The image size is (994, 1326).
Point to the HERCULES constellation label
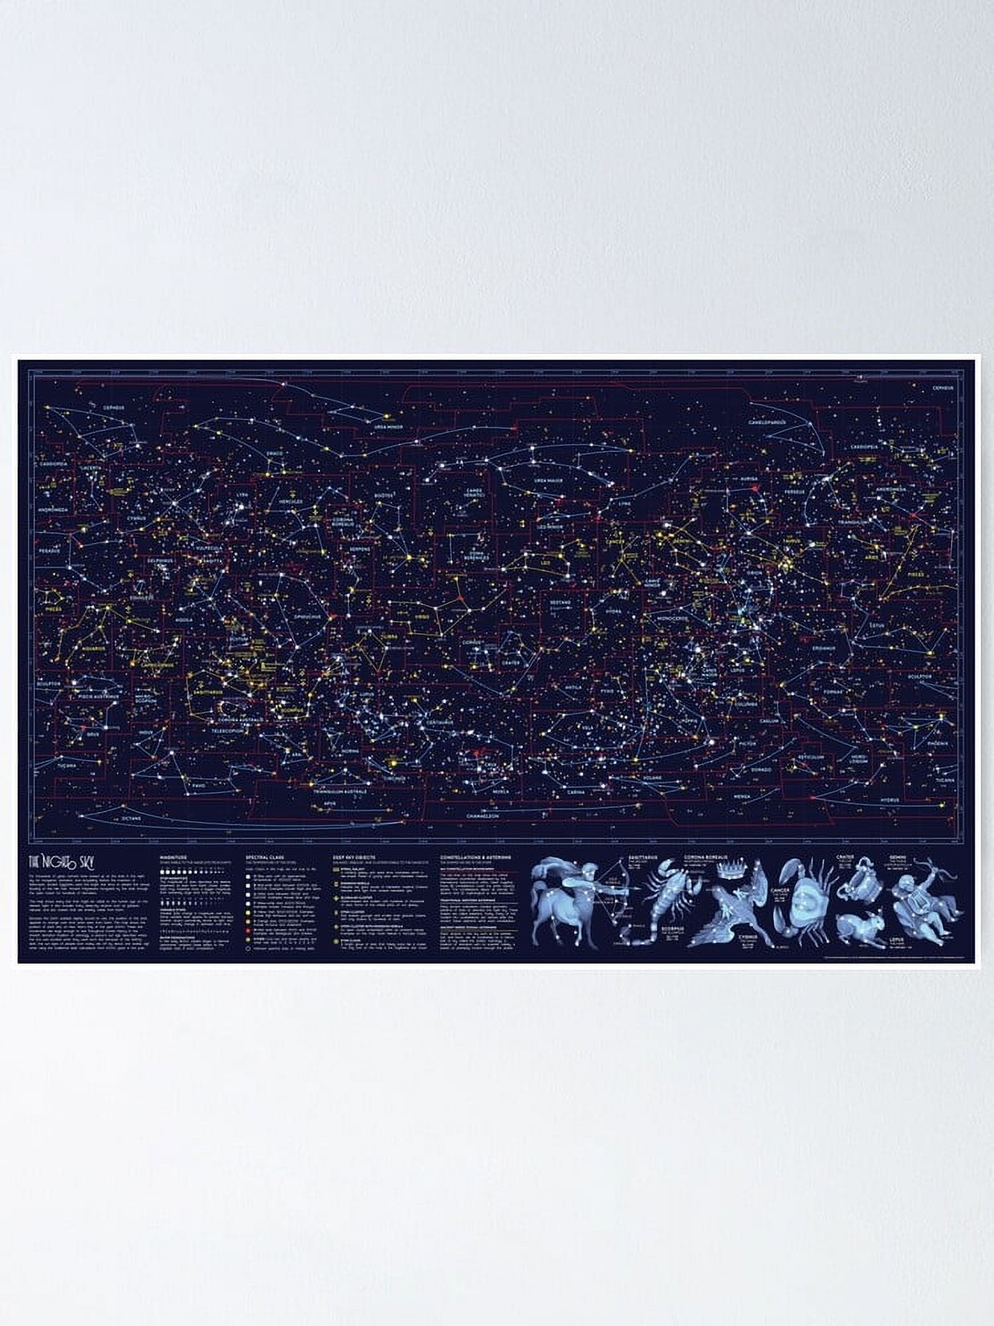click(290, 502)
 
